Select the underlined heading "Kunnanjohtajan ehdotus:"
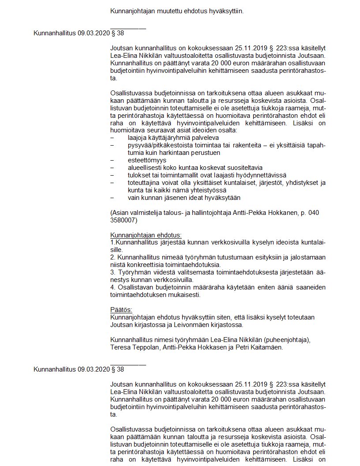tap(146, 235)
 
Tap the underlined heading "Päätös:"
tap(121, 310)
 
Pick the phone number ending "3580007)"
tap(124, 220)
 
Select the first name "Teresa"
tap(120, 347)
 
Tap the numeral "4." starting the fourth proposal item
tap(113, 287)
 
